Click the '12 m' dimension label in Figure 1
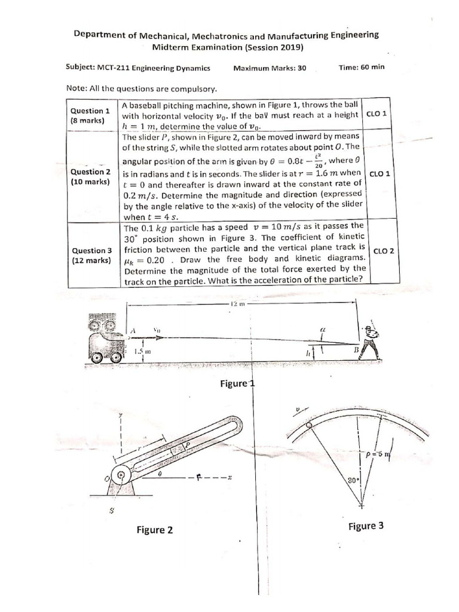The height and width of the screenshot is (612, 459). point(237,304)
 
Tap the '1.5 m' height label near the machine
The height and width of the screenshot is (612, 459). point(141,352)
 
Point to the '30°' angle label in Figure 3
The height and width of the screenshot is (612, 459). point(353,480)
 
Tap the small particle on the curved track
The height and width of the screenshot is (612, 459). point(308,426)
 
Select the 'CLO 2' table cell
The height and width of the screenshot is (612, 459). point(382,251)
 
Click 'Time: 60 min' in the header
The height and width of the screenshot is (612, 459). point(361,68)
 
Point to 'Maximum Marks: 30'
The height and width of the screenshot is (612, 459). point(270,68)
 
